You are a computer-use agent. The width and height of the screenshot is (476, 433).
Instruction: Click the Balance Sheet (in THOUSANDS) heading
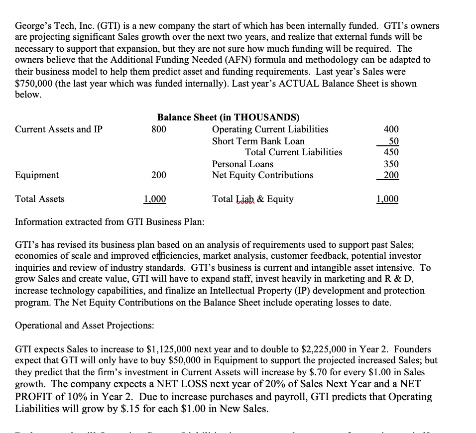[x=229, y=117]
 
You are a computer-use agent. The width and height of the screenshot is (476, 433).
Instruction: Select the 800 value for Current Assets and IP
[x=159, y=129]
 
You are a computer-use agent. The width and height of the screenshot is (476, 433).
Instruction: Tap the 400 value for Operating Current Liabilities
[x=391, y=129]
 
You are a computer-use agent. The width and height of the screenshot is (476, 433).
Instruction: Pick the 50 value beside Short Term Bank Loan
[x=393, y=141]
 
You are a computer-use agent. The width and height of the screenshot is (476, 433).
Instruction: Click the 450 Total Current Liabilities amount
[x=391, y=152]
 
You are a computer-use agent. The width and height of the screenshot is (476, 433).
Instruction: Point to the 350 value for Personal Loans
[x=391, y=164]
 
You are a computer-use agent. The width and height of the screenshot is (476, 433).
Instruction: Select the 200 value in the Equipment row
[x=159, y=175]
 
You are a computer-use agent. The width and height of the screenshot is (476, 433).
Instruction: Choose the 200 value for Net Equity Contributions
[x=391, y=175]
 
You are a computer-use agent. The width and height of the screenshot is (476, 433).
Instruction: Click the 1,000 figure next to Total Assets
[x=155, y=199]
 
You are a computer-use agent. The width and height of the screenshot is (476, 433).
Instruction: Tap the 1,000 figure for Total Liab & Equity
[x=387, y=199]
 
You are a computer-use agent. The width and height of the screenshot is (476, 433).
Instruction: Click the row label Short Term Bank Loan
[x=258, y=141]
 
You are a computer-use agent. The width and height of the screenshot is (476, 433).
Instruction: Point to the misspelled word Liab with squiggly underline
[x=244, y=199]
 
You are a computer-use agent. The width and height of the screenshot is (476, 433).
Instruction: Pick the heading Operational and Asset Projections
[x=85, y=325]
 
